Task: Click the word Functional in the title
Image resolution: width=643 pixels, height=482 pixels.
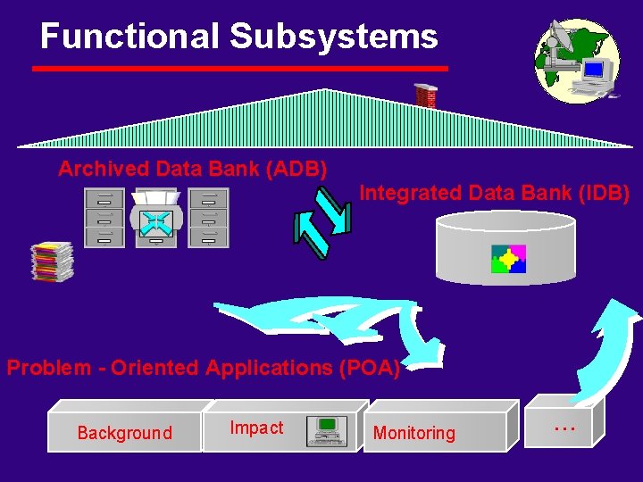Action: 129,36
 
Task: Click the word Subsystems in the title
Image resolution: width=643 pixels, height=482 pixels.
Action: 334,36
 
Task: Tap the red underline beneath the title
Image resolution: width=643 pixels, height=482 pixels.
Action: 239,68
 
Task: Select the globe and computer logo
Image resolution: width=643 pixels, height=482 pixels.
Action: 576,58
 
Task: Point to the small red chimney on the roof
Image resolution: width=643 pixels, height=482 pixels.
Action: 426,96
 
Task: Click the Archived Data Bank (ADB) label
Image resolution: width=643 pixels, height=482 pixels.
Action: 192,168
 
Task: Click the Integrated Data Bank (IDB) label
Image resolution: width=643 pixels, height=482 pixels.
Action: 494,192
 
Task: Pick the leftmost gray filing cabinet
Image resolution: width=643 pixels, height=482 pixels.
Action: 104,218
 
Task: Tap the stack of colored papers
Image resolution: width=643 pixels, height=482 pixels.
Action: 52,262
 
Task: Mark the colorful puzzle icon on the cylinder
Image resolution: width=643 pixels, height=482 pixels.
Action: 508,259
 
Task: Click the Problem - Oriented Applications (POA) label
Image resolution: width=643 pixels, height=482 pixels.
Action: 203,367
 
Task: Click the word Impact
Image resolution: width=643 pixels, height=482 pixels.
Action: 256,428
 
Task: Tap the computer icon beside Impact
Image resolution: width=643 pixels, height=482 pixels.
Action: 326,430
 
